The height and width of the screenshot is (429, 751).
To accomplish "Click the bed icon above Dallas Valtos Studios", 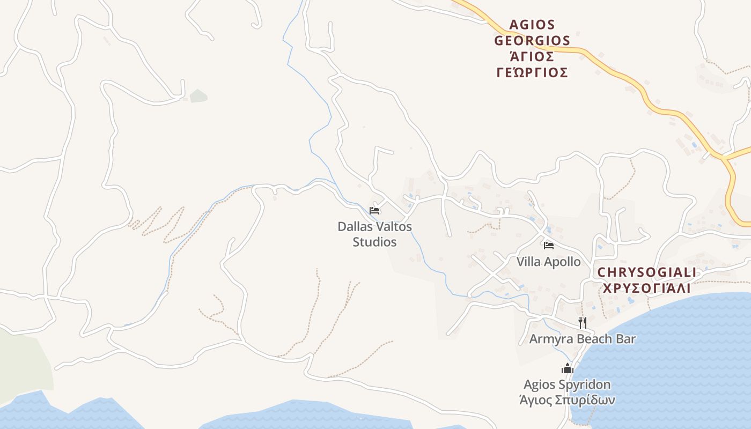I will point(374,210).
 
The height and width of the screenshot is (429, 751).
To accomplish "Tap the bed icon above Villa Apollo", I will point(548,246).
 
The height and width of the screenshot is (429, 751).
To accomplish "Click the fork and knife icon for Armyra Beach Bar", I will point(583,322).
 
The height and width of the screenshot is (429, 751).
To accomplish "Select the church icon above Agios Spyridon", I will point(568,368).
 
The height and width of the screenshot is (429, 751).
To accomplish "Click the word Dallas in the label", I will point(354,227).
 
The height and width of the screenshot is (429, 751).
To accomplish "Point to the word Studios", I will point(374,242).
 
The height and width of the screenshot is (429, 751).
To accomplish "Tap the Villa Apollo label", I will point(548,262).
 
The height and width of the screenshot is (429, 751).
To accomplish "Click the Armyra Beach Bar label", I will point(583,339).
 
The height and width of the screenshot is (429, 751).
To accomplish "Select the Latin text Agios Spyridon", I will point(567,384).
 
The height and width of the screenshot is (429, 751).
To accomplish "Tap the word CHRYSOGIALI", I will point(646,272).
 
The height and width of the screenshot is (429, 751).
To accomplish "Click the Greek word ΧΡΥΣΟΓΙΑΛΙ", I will point(646,288).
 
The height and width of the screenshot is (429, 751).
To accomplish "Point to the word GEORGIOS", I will point(532,41).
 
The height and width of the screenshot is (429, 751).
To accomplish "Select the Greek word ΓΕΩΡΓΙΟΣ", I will point(532,72).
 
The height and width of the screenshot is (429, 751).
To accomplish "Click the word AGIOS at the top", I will point(532,25).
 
